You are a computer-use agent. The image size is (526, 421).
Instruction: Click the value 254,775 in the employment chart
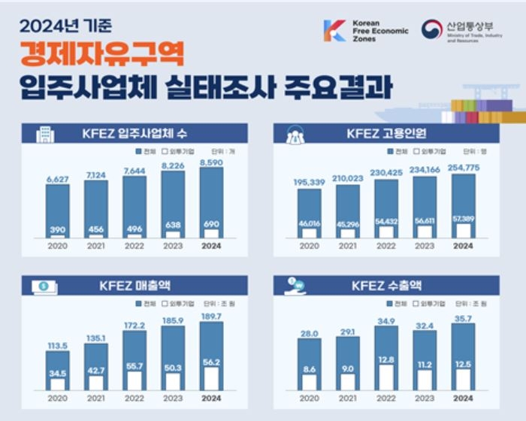pos(464,167)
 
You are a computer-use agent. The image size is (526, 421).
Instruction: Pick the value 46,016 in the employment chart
pos(310,223)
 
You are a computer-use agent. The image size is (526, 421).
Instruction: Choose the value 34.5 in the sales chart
pos(57,373)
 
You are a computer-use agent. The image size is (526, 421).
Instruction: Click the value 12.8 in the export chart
pos(386,359)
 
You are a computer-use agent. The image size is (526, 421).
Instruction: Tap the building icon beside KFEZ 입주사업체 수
pos(45,135)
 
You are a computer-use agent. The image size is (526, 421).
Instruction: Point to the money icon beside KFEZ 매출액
pos(43,286)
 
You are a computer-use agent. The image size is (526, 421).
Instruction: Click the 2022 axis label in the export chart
pos(386,398)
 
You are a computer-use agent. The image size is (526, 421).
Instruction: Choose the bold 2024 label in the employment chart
pos(464,245)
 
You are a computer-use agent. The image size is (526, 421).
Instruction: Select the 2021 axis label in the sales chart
pos(95,398)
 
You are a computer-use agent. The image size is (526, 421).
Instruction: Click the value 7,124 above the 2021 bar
pos(95,175)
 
